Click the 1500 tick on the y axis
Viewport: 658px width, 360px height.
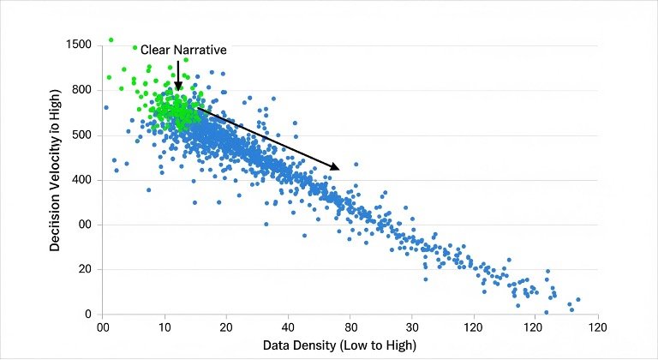pos(83,45)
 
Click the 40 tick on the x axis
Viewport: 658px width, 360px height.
pos(288,327)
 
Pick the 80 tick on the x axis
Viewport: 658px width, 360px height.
pos(350,327)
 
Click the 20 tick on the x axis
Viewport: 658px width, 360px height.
pos(226,327)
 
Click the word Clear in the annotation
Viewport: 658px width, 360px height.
pos(155,51)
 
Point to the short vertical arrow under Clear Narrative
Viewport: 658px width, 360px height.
pos(178,75)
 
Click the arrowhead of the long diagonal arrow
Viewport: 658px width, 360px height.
pos(335,167)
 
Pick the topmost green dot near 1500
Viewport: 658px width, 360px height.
pos(111,39)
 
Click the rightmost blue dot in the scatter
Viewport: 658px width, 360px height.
pos(577,300)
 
